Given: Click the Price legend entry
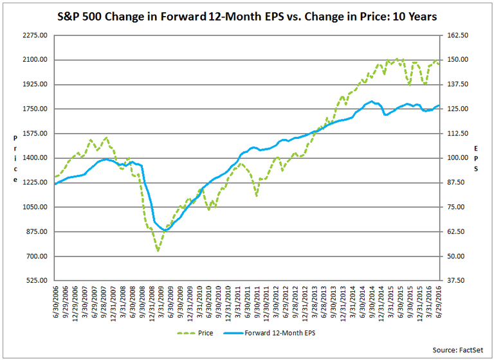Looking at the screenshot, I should (x=197, y=333).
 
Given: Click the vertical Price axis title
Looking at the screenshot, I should (x=15, y=158).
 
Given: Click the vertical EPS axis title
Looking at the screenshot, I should (x=477, y=158).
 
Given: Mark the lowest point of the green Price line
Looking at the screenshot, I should (x=158, y=251).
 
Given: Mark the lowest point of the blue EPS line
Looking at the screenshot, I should (x=166, y=230).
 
